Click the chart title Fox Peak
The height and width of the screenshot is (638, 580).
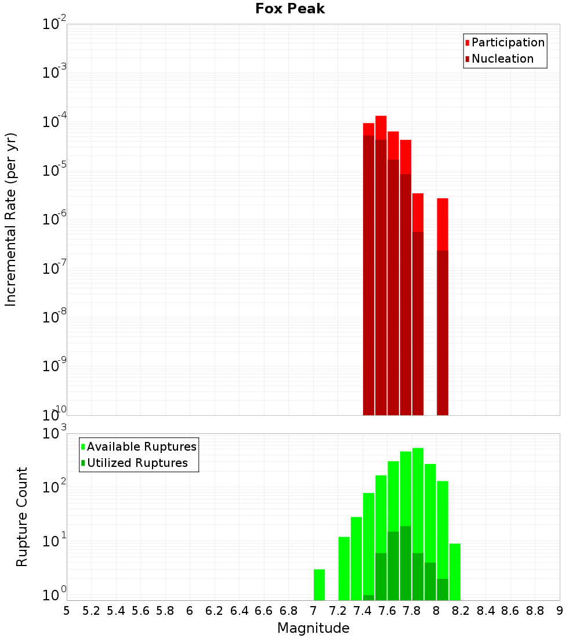(290, 9)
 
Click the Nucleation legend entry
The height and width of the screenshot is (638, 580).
(502, 59)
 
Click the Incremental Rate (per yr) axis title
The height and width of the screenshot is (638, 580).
(11, 219)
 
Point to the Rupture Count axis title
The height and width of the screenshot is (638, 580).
(22, 516)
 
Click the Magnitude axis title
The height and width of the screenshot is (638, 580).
(313, 628)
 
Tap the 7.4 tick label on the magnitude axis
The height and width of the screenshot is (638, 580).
(362, 611)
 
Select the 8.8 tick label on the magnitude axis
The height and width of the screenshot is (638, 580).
(535, 611)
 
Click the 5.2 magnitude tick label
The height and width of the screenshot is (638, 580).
(91, 611)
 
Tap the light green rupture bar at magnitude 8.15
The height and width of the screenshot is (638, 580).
(455, 571)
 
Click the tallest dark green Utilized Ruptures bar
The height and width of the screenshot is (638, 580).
(405, 563)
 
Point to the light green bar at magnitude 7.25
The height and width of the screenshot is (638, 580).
(344, 568)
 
